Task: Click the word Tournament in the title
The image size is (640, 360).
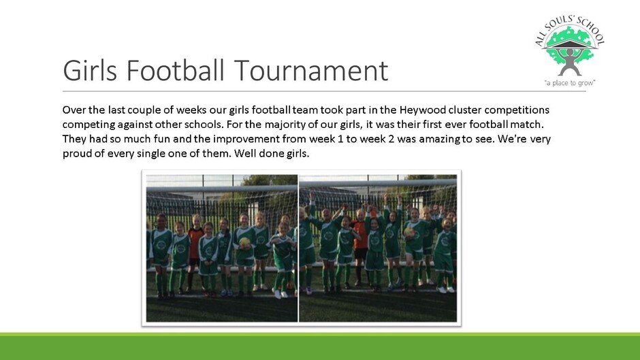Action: click(x=311, y=70)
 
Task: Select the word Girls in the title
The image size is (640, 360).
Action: click(x=90, y=70)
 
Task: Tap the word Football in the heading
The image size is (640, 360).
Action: click(x=176, y=70)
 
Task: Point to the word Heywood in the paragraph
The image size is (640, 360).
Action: click(x=422, y=110)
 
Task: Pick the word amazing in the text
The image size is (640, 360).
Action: click(x=440, y=140)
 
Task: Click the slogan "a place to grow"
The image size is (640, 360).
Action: click(x=570, y=83)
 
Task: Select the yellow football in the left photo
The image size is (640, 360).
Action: click(x=244, y=242)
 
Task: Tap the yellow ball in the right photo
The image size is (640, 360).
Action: click(x=409, y=232)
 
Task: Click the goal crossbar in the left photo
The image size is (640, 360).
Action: click(x=222, y=189)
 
